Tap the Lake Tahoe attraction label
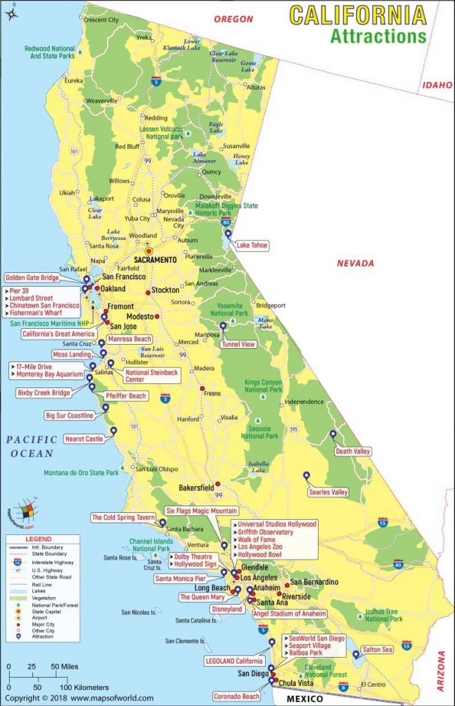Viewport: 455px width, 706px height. [x=252, y=245]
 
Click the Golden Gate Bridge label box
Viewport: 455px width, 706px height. [x=33, y=277]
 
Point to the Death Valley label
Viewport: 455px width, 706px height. [x=352, y=452]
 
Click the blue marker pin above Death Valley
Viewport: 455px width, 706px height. [x=333, y=434]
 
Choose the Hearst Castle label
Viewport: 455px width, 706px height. [x=84, y=438]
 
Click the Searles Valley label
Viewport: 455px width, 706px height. [x=328, y=492]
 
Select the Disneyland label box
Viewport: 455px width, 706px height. [x=227, y=609]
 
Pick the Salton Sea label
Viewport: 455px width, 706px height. [x=377, y=649]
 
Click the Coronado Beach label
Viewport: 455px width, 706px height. [x=236, y=696]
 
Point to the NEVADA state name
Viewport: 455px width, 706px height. [x=355, y=263]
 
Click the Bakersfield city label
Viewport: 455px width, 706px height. [x=198, y=487]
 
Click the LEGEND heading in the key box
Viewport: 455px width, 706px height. [x=39, y=538]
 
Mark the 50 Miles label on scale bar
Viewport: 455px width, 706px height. [x=65, y=667]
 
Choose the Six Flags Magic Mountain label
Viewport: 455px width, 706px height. [x=202, y=511]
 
